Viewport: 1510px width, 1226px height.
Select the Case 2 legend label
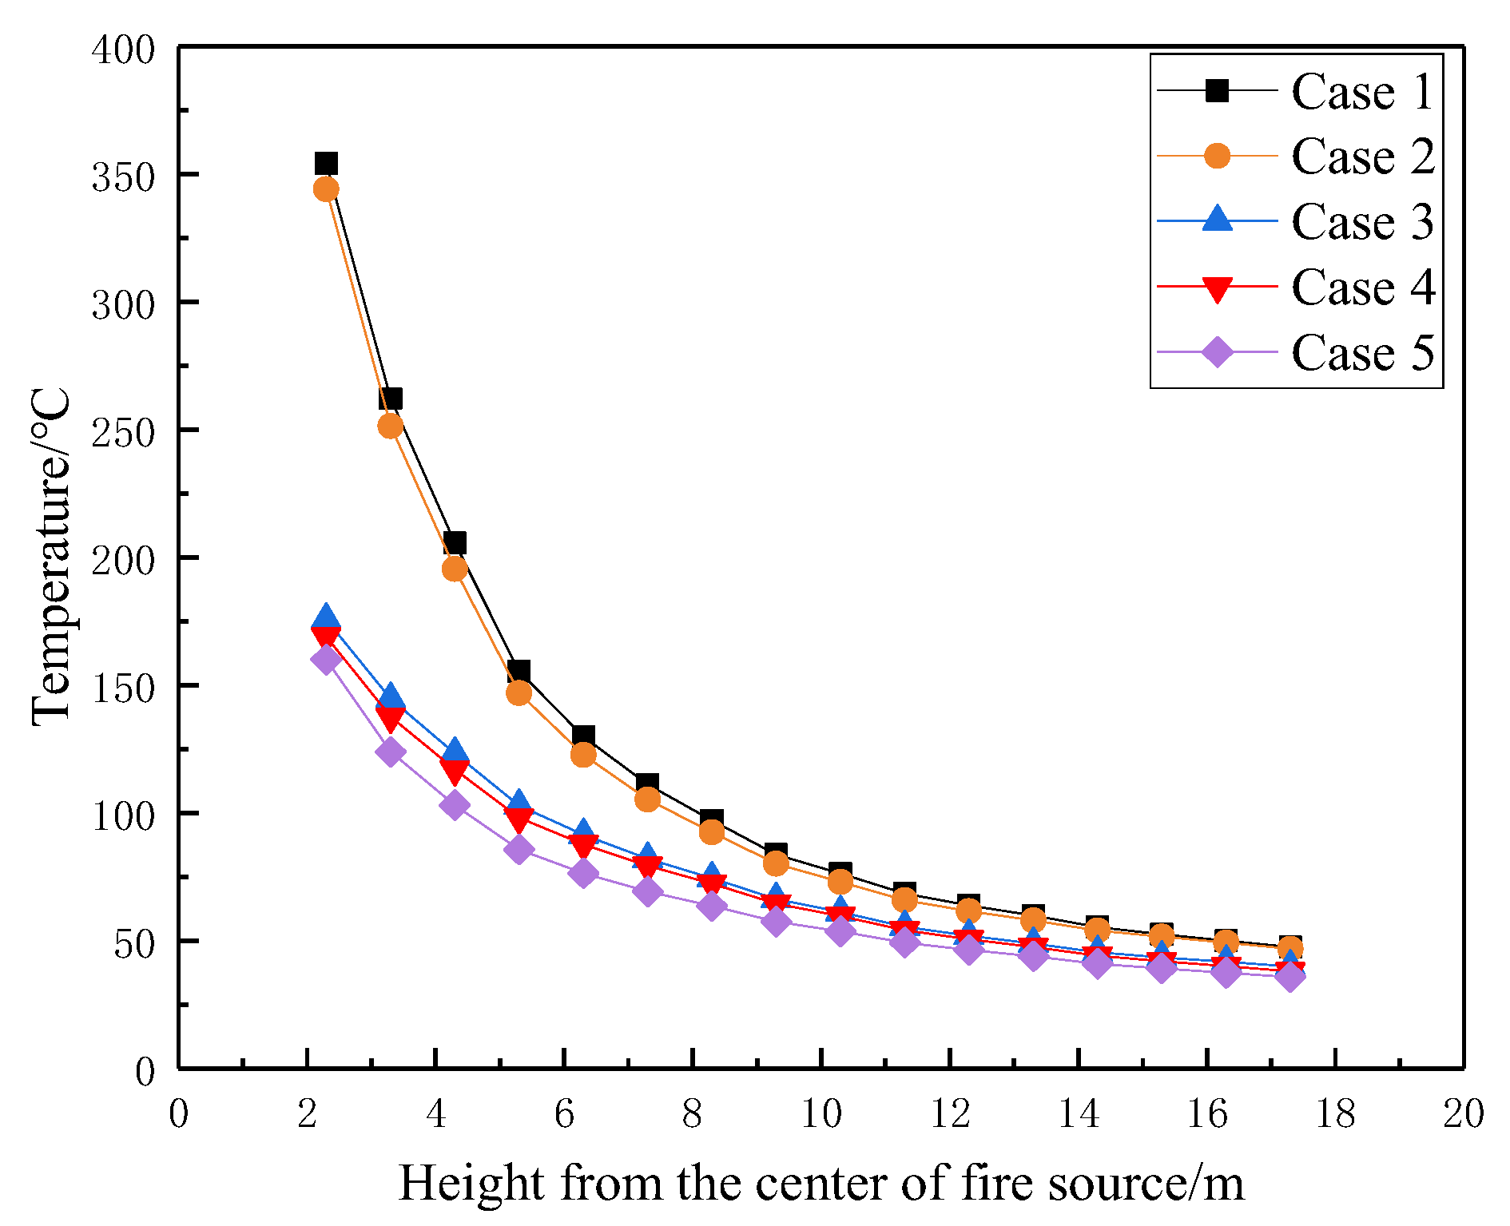point(1362,156)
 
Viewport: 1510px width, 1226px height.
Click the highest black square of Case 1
point(326,164)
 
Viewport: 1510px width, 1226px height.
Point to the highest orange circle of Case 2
point(326,189)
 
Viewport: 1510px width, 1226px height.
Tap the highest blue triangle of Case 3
point(326,617)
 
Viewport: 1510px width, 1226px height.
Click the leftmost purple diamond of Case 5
point(326,660)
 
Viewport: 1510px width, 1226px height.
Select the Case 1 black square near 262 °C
point(390,399)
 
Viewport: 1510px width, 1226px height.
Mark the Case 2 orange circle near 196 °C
point(455,569)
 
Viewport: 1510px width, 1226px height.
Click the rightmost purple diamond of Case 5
point(1289,977)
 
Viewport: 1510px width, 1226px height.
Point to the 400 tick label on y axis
point(122,50)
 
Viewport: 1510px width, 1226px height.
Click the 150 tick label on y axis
point(122,687)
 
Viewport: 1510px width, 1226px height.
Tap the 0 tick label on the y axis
point(145,1071)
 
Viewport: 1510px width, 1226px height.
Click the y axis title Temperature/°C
point(51,557)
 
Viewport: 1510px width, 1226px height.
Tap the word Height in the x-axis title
point(471,1184)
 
